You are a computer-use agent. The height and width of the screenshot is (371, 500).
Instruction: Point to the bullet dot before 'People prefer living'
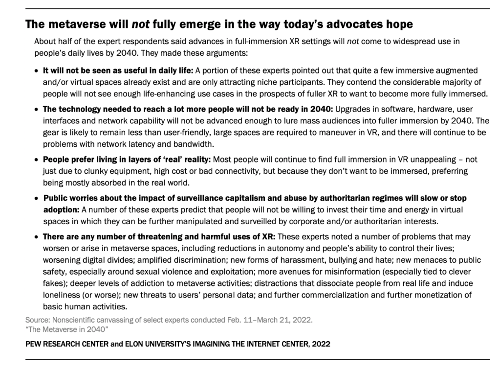37,160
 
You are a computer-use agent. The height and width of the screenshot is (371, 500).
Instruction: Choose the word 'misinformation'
326,271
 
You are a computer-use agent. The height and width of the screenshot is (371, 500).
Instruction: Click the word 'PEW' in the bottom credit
34,344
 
